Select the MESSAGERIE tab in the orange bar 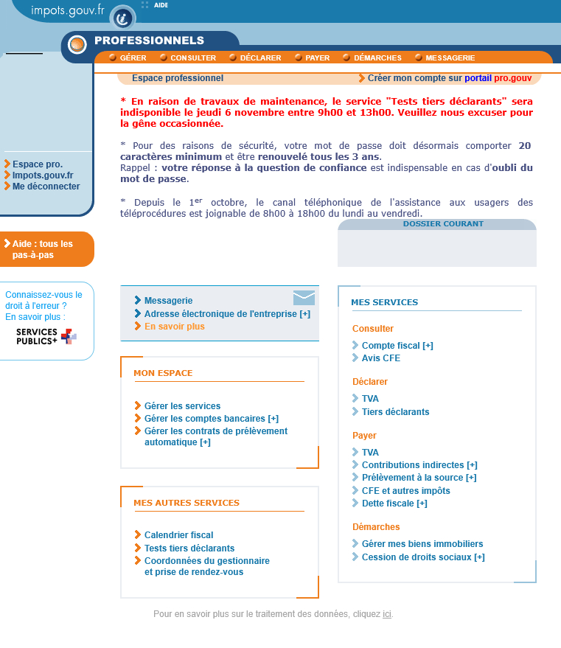tap(450, 58)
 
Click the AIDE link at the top tap(161, 5)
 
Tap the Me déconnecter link tap(46, 187)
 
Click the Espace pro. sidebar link tap(37, 164)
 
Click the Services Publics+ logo tap(46, 337)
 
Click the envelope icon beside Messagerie tap(304, 298)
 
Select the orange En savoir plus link tap(174, 327)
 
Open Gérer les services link tap(182, 406)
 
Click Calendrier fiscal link tap(178, 535)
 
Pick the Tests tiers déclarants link tap(189, 548)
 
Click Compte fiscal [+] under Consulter tap(397, 346)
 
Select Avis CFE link tap(380, 358)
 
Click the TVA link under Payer tap(370, 453)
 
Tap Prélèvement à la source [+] tap(419, 478)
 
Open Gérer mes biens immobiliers tap(422, 544)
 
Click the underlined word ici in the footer tap(387, 614)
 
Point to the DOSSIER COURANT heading tap(443, 224)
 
